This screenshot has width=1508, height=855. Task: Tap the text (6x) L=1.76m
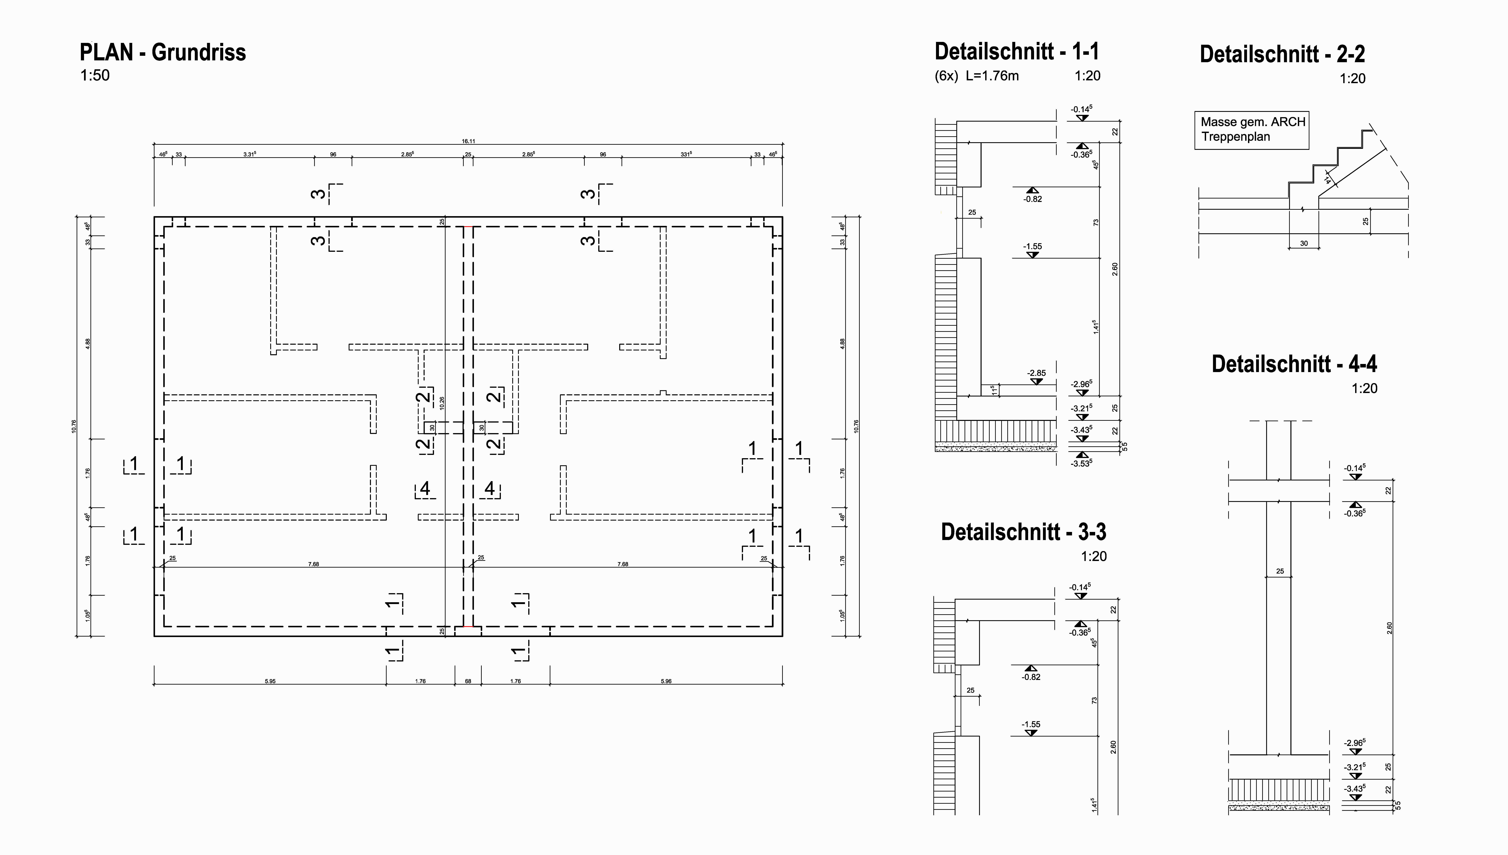(976, 76)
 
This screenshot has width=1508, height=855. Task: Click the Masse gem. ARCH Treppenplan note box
(1252, 130)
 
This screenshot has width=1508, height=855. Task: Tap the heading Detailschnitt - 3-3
(1023, 532)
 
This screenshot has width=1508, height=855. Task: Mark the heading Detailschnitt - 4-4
(1294, 364)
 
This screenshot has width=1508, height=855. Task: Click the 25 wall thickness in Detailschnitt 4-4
(1280, 571)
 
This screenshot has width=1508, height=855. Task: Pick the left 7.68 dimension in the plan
(314, 564)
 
